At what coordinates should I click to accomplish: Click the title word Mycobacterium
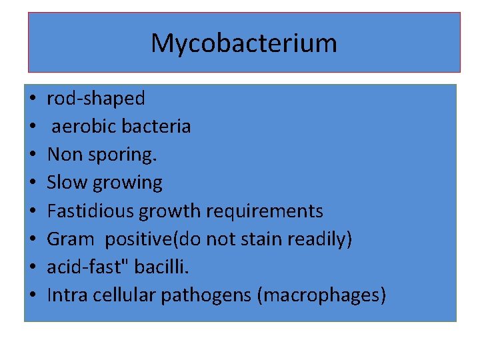click(x=243, y=44)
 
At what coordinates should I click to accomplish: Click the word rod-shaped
click(x=95, y=99)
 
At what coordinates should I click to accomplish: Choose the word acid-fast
click(x=88, y=267)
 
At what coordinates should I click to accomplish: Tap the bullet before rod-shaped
click(x=32, y=99)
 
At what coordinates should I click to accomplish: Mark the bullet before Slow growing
click(x=32, y=183)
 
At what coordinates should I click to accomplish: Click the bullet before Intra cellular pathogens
click(x=32, y=295)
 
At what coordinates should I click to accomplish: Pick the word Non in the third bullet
click(x=61, y=155)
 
